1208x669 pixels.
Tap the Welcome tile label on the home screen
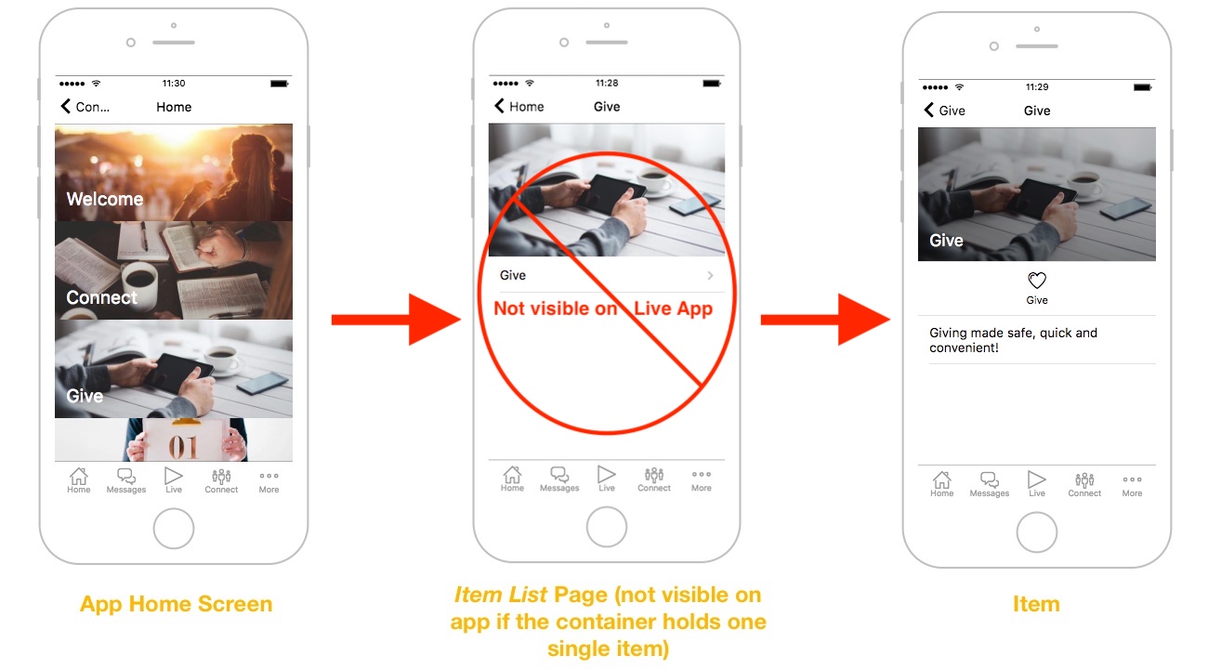coord(105,199)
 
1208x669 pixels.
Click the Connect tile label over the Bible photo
coord(102,297)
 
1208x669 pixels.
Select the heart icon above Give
coord(1036,281)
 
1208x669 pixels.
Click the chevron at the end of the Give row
coord(710,275)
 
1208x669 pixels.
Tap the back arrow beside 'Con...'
coord(66,106)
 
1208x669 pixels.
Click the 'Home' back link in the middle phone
coord(519,106)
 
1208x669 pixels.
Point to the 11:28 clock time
coord(607,83)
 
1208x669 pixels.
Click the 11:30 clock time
coord(174,83)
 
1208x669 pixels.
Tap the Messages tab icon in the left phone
coord(126,476)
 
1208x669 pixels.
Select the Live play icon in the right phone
coord(1036,479)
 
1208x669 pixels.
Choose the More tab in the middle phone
coord(702,479)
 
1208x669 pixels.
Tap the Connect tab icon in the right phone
coord(1084,479)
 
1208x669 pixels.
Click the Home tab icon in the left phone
coord(79,476)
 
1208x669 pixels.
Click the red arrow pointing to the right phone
coord(825,320)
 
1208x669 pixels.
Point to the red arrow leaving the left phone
coord(396,320)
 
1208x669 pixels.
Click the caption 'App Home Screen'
coord(177,604)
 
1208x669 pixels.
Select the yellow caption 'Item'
coord(1036,604)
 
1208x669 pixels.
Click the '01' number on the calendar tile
coord(183,447)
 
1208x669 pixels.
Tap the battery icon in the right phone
coord(1142,87)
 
